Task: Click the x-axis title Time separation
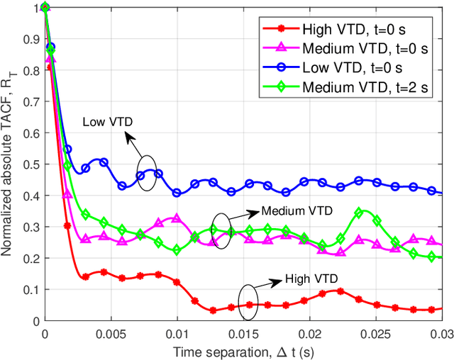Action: click(243, 350)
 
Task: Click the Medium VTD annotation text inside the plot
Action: click(293, 210)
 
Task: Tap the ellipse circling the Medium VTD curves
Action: click(222, 231)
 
